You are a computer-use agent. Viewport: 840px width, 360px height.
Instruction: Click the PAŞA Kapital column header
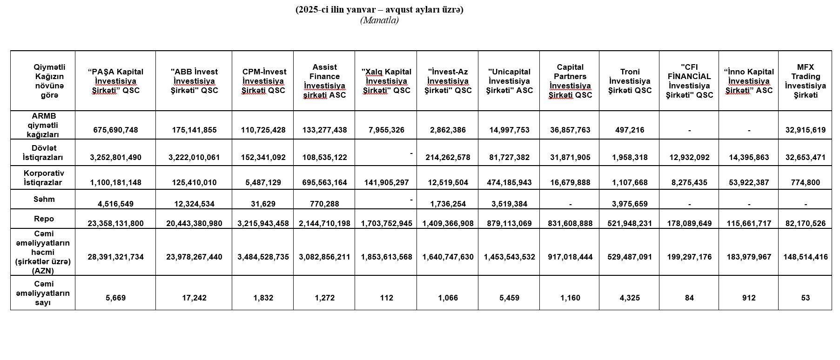pyautogui.click(x=115, y=81)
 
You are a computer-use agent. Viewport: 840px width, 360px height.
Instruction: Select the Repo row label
pyautogui.click(x=44, y=219)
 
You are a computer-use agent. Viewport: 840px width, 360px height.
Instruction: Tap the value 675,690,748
pyautogui.click(x=115, y=130)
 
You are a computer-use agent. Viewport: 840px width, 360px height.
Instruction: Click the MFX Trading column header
pyautogui.click(x=805, y=81)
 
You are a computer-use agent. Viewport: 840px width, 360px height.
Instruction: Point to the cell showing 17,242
pyautogui.click(x=194, y=298)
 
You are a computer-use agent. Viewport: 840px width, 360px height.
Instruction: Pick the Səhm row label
pyautogui.click(x=44, y=199)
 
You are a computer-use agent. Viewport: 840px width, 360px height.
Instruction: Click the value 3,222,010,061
pyautogui.click(x=194, y=157)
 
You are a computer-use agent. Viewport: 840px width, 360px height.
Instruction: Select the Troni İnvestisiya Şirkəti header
pyautogui.click(x=630, y=81)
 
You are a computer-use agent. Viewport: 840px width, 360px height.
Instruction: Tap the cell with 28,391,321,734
pyautogui.click(x=115, y=257)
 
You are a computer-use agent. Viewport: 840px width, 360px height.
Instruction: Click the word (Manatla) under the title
pyautogui.click(x=379, y=20)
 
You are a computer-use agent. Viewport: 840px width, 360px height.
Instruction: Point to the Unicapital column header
pyautogui.click(x=509, y=81)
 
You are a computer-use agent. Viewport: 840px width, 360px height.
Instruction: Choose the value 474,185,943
pyautogui.click(x=509, y=182)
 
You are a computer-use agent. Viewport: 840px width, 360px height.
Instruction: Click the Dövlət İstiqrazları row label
pyautogui.click(x=44, y=153)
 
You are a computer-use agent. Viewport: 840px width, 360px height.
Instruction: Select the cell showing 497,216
pyautogui.click(x=630, y=130)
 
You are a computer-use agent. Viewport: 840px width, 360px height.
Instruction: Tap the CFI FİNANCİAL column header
pyautogui.click(x=689, y=81)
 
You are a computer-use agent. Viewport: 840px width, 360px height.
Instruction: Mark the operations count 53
pyautogui.click(x=805, y=298)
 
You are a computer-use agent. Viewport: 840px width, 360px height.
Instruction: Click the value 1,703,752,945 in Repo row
pyautogui.click(x=386, y=223)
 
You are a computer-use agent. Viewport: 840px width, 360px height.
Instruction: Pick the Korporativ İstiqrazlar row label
pyautogui.click(x=44, y=178)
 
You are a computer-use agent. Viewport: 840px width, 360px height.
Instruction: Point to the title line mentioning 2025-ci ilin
pyautogui.click(x=379, y=10)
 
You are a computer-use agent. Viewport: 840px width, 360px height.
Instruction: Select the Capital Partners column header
pyautogui.click(x=570, y=81)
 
